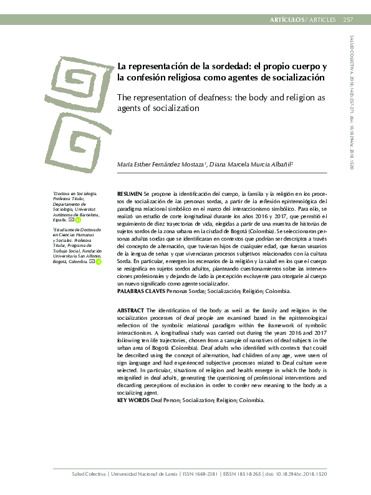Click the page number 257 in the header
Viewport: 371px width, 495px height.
point(348,19)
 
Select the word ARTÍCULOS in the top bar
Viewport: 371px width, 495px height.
point(286,19)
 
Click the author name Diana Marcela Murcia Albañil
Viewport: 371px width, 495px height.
point(244,165)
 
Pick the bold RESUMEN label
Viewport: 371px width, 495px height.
point(130,195)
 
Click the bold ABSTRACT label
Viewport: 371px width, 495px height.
point(131,310)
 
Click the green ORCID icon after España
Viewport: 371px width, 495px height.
point(78,220)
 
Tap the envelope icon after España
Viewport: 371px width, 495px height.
point(71,220)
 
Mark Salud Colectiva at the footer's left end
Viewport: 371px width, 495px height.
point(88,476)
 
